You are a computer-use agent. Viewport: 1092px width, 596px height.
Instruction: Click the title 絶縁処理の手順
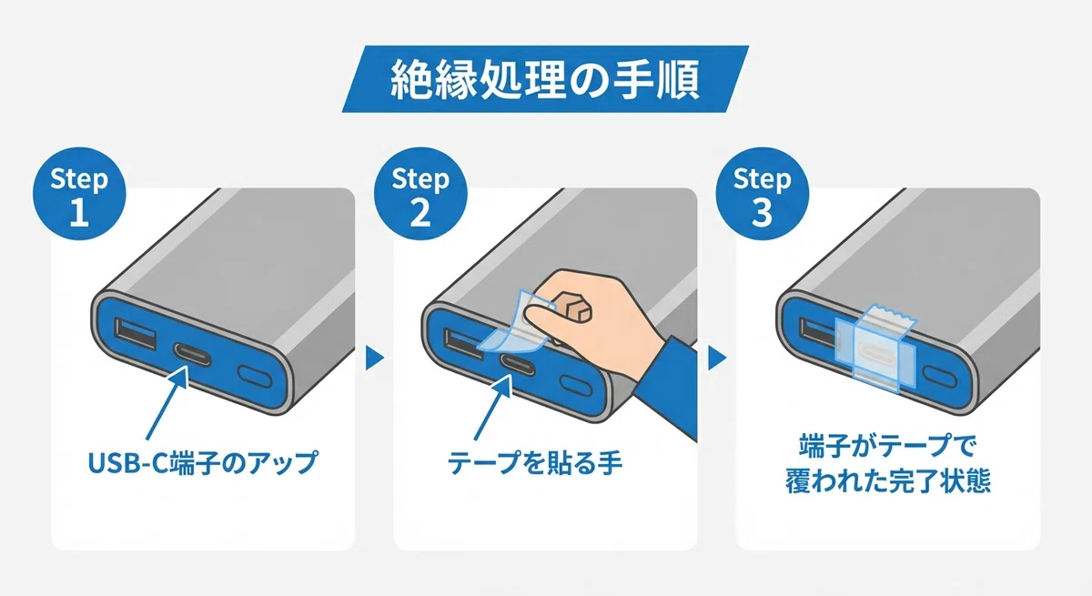tap(545, 79)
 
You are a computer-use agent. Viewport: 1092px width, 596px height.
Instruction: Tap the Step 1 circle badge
tap(79, 194)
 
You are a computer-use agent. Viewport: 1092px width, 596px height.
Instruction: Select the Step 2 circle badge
tap(420, 194)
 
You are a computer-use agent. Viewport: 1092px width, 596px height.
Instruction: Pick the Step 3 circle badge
tap(762, 194)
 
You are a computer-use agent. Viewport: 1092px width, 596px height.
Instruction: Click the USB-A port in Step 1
tap(136, 333)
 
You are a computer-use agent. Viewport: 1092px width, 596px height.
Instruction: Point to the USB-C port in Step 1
tap(192, 354)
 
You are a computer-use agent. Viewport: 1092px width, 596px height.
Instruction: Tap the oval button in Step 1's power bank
tap(255, 376)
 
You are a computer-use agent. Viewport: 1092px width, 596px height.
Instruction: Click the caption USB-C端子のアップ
tap(203, 462)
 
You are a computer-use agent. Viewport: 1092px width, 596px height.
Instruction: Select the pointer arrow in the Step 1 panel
tap(167, 402)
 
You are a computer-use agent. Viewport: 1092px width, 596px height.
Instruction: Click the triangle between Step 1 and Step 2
tap(374, 359)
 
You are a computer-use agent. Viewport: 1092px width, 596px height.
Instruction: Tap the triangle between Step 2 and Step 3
tap(717, 359)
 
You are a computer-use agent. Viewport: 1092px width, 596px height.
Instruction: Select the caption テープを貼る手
tap(535, 462)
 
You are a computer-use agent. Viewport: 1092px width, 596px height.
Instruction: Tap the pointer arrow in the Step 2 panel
tap(493, 408)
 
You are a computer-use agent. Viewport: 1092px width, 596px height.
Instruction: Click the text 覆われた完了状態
tap(888, 481)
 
